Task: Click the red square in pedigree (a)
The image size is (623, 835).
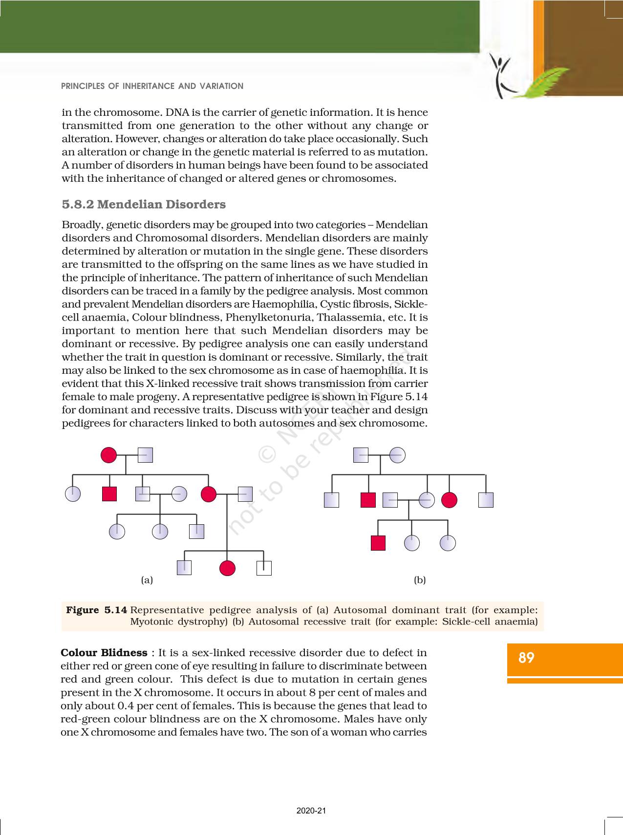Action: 109,494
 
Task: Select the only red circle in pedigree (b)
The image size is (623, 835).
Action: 449,500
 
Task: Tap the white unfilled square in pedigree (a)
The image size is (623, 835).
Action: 264,568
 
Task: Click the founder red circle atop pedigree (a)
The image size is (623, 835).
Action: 108,455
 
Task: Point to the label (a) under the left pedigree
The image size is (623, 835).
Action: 147,580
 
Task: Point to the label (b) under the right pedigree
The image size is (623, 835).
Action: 420,580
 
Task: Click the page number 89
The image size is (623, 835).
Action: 526,658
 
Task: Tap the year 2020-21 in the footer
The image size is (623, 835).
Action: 311,811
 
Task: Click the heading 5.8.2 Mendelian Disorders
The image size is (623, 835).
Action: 144,204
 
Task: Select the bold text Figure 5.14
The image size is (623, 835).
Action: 97,610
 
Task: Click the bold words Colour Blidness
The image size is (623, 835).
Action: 104,653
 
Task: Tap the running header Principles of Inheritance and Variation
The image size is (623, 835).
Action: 152,86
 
